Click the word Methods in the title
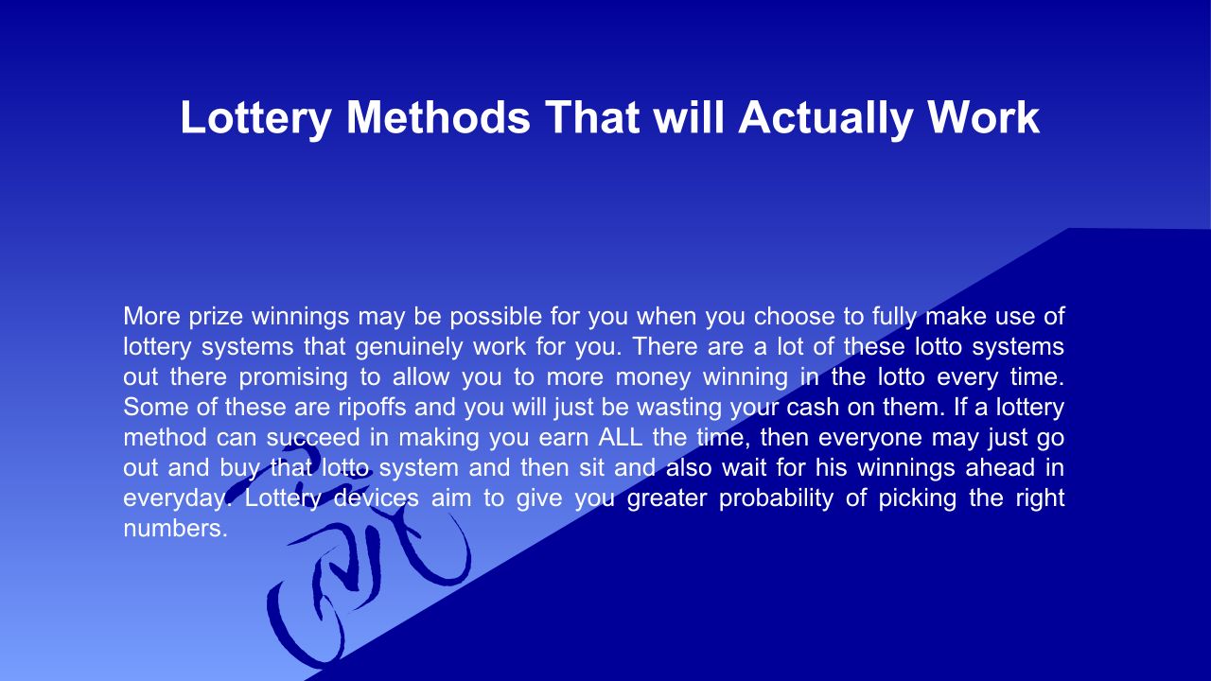438,117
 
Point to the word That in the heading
592,117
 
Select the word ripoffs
372,407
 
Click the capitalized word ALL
620,437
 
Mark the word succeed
312,437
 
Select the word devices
376,498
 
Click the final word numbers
176,528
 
